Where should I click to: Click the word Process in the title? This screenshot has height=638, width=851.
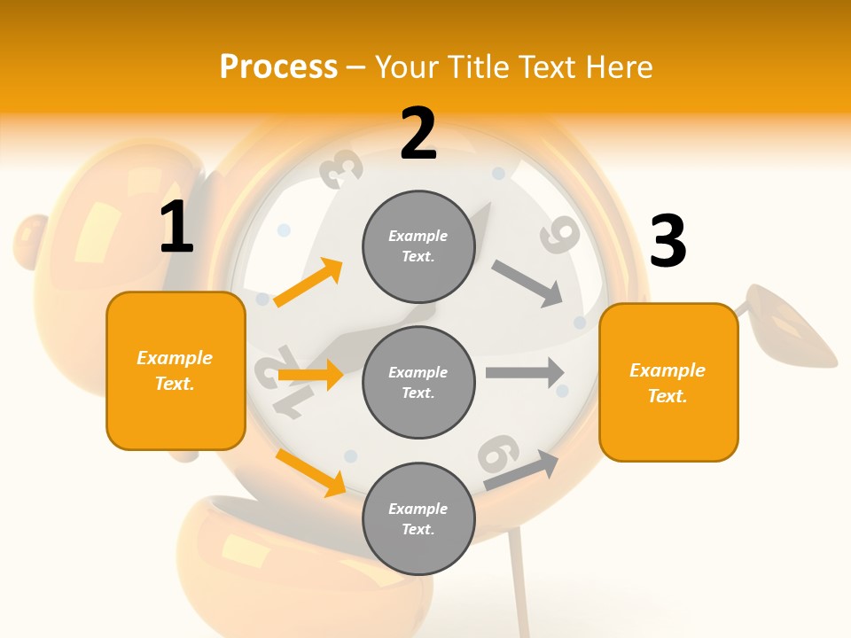click(278, 67)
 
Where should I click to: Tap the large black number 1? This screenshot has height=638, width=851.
click(176, 227)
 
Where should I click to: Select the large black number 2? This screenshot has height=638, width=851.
click(418, 134)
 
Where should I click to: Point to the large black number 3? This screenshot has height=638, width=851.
click(668, 241)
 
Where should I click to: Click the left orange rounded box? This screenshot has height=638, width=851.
click(176, 370)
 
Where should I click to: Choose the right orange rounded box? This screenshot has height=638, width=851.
click(668, 382)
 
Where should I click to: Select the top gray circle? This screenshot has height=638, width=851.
click(418, 246)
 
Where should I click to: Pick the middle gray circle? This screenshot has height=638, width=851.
click(418, 382)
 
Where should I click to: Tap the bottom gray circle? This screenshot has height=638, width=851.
click(418, 518)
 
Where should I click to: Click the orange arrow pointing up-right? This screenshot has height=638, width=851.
click(308, 283)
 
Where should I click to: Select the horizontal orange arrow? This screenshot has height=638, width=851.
click(310, 375)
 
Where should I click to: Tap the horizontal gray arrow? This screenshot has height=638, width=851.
click(525, 372)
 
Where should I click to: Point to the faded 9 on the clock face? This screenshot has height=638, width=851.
click(559, 235)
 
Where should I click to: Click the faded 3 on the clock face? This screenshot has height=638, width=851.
click(341, 168)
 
